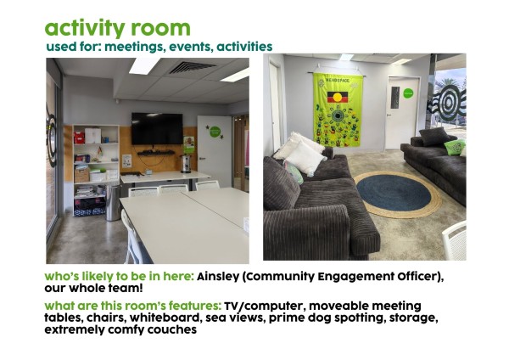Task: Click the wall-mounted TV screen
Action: tap(157, 129)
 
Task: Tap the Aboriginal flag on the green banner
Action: tap(338, 97)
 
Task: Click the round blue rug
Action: tap(394, 193)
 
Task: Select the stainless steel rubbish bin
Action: tap(113, 202)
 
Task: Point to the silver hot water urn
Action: tap(185, 163)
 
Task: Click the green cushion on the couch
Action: tap(455, 147)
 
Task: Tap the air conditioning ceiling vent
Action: tap(193, 67)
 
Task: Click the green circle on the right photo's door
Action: tap(408, 93)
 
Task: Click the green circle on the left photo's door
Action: tap(215, 132)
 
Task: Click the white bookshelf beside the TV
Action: tap(96, 170)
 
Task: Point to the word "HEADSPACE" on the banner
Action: tap(338, 81)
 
